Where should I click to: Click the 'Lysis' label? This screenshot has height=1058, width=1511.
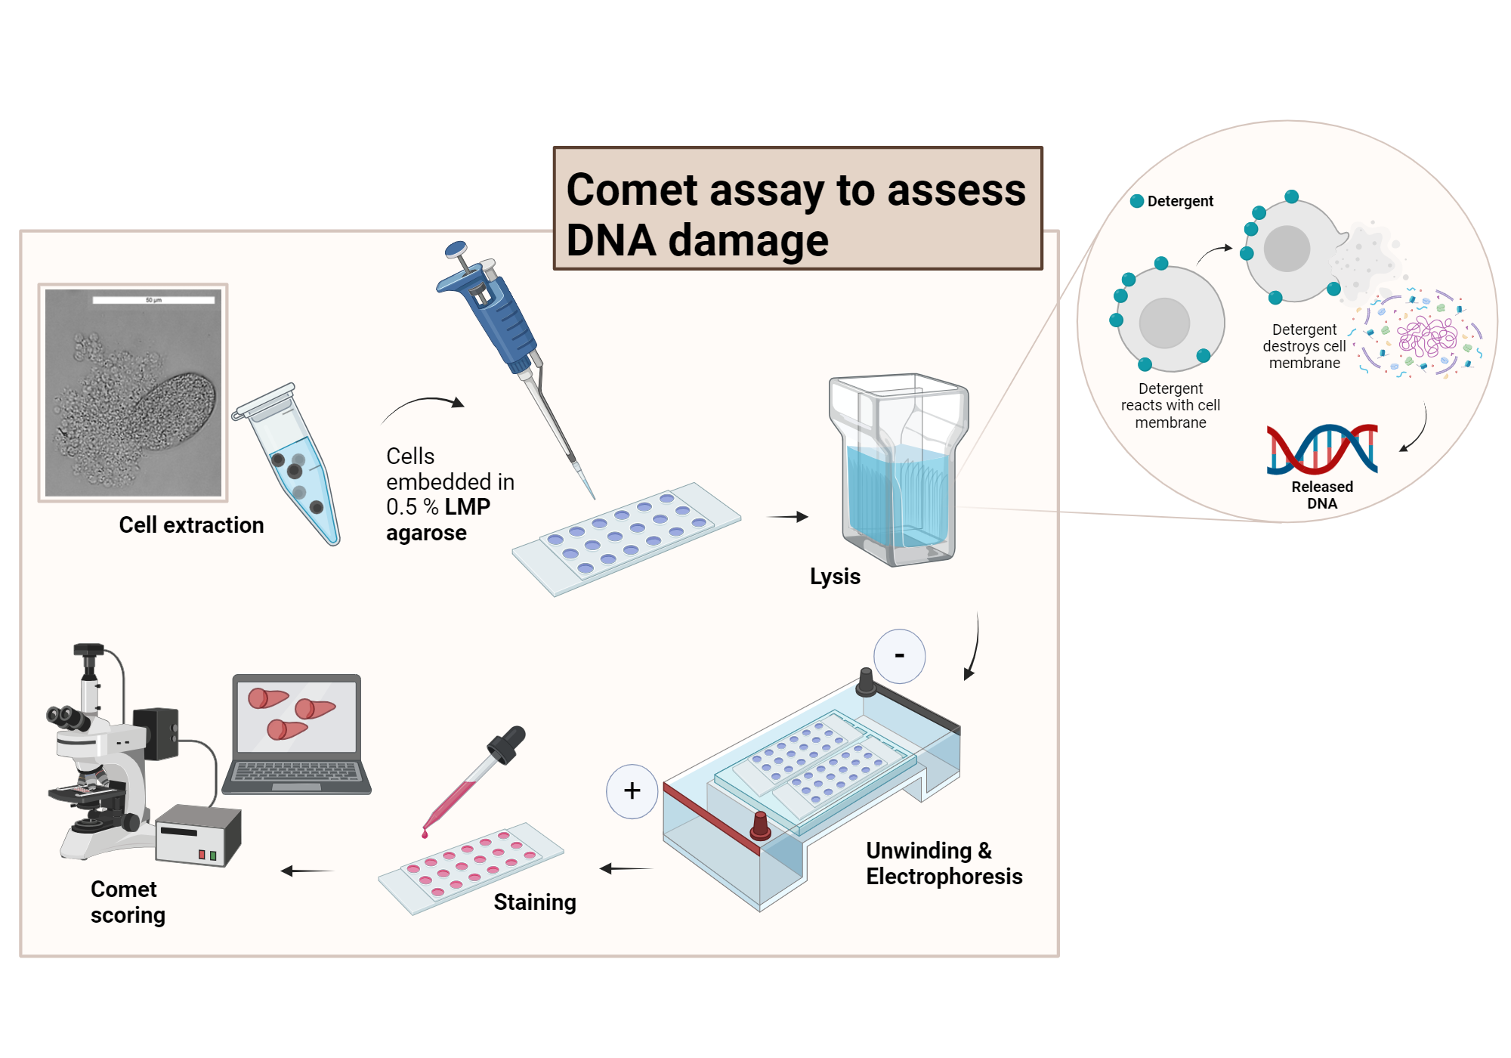pos(835,577)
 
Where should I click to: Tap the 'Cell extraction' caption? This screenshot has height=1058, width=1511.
pos(191,525)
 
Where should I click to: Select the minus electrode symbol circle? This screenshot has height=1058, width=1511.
pos(899,656)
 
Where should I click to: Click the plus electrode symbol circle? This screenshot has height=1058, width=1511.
pos(632,791)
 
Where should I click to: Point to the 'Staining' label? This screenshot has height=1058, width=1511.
pos(534,902)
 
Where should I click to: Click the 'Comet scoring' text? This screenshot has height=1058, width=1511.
pos(127,902)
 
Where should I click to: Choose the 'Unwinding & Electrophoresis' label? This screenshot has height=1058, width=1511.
pos(943,864)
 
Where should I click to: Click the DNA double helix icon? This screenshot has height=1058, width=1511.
pos(1322,449)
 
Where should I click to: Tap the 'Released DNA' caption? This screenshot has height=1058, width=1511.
pos(1322,495)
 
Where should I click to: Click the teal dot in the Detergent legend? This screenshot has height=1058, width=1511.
pos(1136,201)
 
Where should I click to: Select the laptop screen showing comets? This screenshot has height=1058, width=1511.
pos(296,716)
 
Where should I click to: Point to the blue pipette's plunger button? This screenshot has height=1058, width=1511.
pos(456,249)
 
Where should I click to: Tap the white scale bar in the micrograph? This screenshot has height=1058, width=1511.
pos(153,300)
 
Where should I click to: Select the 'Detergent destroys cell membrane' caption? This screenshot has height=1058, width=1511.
pos(1304,346)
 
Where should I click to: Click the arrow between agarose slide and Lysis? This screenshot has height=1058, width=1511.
pos(787,517)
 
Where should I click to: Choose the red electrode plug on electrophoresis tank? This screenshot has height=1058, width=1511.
pos(760,826)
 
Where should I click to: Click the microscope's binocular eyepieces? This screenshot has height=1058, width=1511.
pos(68,716)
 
